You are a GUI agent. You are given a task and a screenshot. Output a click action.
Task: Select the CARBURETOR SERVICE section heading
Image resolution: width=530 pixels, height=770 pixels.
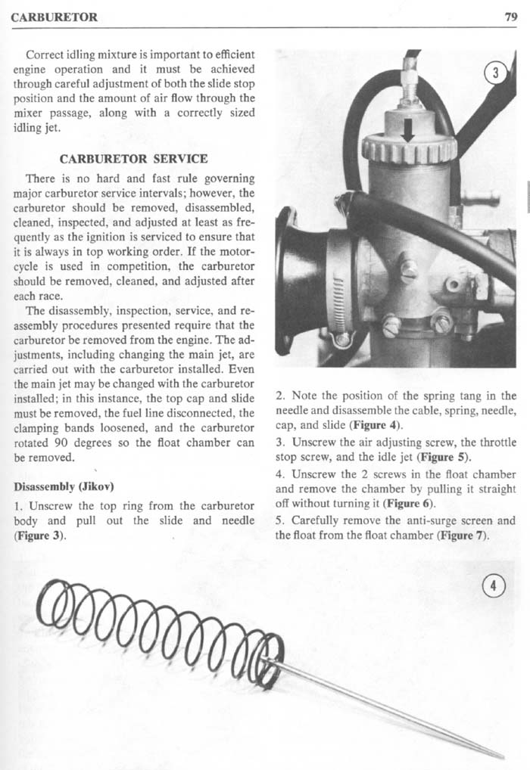tap(133, 159)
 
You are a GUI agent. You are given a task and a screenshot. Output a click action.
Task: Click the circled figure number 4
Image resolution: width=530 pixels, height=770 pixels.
tap(494, 585)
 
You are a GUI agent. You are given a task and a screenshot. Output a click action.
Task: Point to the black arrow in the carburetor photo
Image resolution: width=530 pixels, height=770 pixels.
tap(408, 130)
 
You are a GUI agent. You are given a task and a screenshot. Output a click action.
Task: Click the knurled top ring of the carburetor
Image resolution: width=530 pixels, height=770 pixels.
tap(409, 149)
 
